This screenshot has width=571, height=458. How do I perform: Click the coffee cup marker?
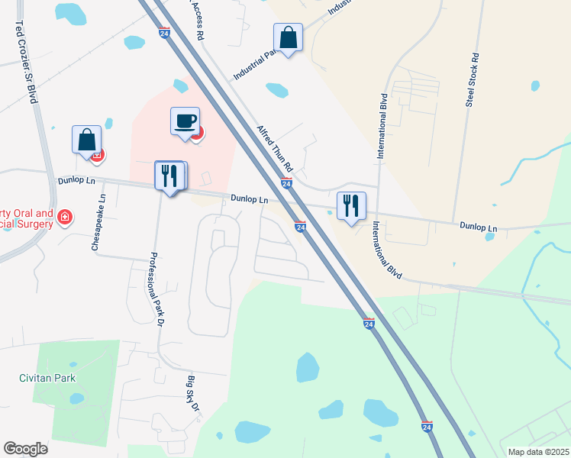pos(185,121)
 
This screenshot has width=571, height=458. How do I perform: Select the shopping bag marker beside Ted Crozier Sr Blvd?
pos(87,140)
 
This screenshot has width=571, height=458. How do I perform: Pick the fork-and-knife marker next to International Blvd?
pos(351,206)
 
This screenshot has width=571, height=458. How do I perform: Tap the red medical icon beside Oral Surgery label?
pos(65,218)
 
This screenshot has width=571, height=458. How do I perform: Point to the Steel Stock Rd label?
pos(473,79)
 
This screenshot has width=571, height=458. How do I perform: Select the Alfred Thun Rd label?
pos(275,148)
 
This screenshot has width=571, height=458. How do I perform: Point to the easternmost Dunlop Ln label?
pos(479,227)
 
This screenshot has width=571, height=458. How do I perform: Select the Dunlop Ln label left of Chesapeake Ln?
pos(76,182)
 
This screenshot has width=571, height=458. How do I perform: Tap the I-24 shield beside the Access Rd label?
pos(165,33)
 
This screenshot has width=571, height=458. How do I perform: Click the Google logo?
pos(25,449)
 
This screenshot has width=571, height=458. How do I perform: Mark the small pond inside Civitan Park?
pos(76,398)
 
